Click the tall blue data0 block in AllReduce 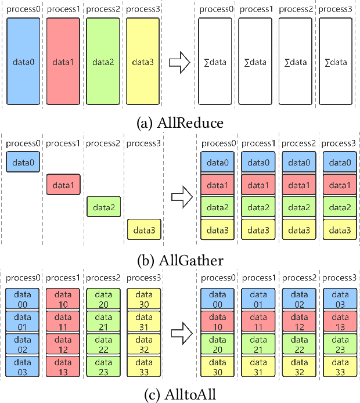(24, 62)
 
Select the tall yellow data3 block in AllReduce (143, 62)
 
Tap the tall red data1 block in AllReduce (64, 62)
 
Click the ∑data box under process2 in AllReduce (297, 62)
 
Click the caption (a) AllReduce (179, 123)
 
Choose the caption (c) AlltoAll (179, 395)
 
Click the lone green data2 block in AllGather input (103, 206)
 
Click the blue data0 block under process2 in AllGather (297, 164)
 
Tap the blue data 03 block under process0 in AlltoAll (24, 368)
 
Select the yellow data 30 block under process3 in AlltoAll (143, 299)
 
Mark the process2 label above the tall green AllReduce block (103, 10)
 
